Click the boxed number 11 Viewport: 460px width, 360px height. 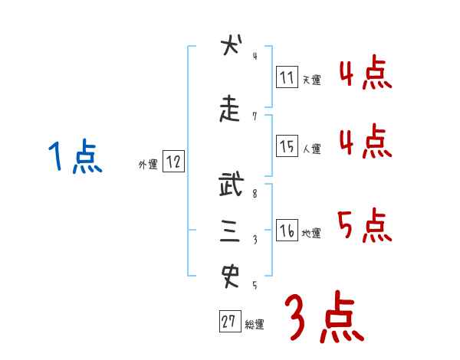pyautogui.click(x=287, y=77)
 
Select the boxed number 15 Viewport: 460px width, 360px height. pyautogui.click(x=287, y=146)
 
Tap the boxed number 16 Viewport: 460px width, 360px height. pyautogui.click(x=287, y=231)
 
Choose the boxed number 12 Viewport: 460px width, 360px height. pyautogui.click(x=173, y=162)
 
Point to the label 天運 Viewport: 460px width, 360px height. pyautogui.click(x=311, y=80)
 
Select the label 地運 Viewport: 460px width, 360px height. pyautogui.click(x=311, y=234)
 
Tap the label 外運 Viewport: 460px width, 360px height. pyautogui.click(x=147, y=164)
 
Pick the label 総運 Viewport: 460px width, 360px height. pyautogui.click(x=255, y=325)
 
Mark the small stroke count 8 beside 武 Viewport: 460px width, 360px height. pyautogui.click(x=255, y=195)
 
